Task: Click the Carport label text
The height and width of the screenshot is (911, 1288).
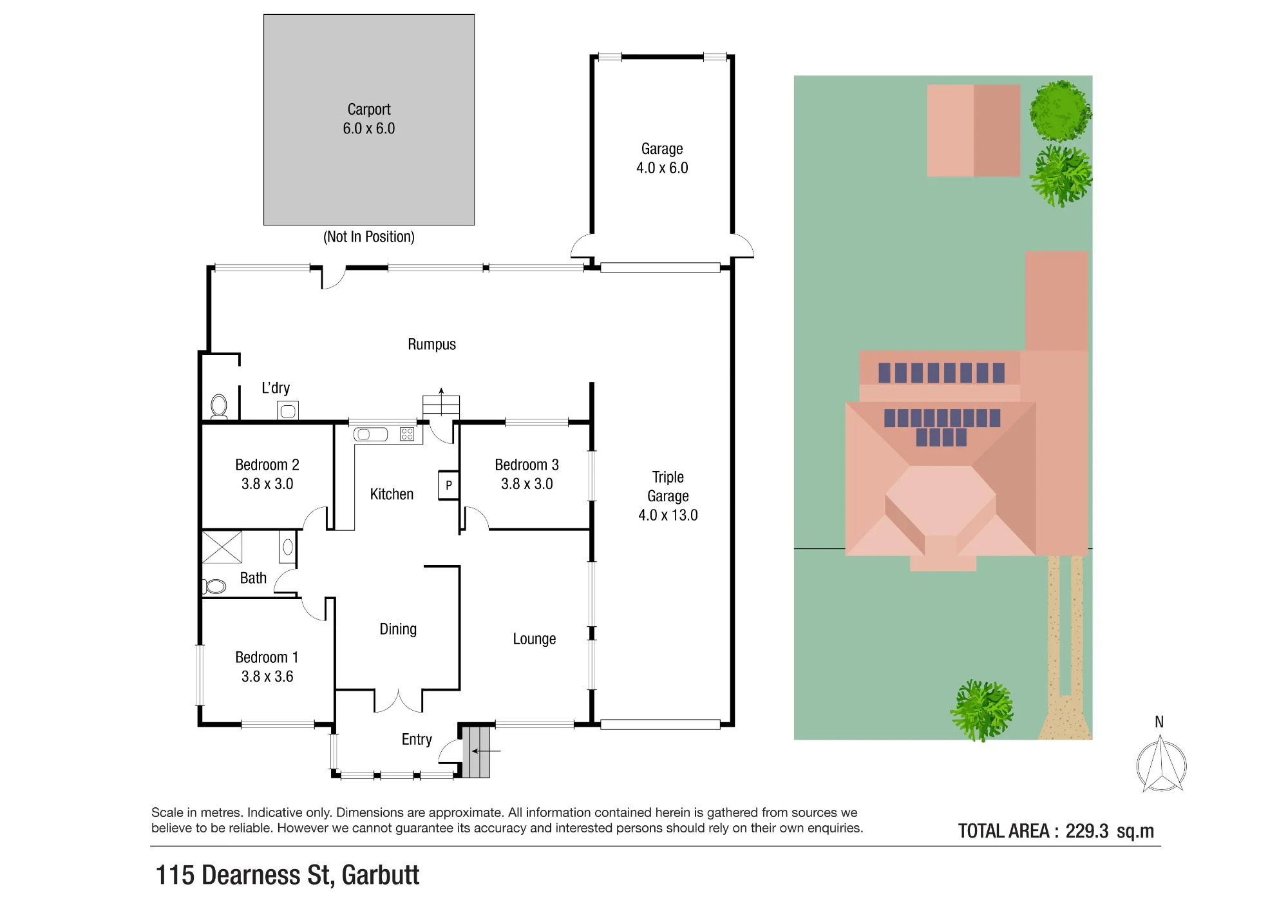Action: (369, 110)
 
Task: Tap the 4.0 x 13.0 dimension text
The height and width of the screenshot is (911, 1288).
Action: (668, 515)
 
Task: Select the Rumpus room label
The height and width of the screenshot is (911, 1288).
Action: (431, 345)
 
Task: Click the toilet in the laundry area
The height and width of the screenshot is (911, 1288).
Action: (219, 407)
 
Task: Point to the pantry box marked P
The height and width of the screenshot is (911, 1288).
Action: (448, 485)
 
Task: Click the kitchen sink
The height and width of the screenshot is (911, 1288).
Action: (370, 435)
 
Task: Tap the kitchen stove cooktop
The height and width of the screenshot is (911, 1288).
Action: (407, 434)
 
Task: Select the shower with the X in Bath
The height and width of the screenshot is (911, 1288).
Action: (222, 547)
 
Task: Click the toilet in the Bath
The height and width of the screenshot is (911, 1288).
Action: (214, 586)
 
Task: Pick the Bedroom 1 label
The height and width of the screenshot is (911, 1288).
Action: (267, 658)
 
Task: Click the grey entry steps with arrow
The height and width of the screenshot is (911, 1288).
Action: (477, 751)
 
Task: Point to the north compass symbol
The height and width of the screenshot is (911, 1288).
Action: (1161, 765)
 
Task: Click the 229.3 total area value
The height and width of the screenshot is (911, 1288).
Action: (1087, 831)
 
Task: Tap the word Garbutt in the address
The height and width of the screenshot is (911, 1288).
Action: (380, 875)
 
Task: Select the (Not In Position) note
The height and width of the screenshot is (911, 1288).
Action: (369, 237)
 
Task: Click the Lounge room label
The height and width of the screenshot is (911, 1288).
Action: (534, 639)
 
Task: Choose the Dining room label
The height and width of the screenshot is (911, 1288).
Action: (398, 629)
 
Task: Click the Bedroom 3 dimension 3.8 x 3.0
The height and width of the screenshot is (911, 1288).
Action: (527, 484)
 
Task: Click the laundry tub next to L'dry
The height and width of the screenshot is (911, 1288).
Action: (288, 411)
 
